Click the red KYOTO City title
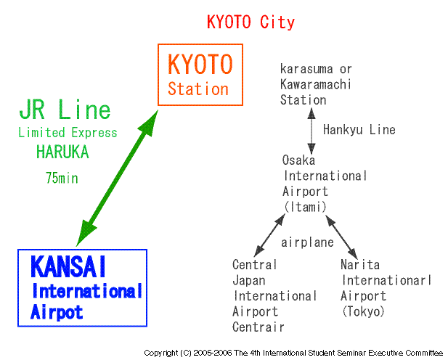251,22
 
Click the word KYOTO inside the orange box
200,65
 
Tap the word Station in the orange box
198,89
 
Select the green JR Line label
65,110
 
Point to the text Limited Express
68,133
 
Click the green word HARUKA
62,152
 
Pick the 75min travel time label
62,178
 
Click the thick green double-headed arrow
117,178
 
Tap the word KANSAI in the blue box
68,266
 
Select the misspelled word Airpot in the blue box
57,312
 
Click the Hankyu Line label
359,130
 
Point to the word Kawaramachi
315,84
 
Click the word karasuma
306,69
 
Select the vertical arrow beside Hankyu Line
311,131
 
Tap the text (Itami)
306,207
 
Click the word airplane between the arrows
307,242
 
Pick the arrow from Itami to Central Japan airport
269,235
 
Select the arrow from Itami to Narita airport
342,237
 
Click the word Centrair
258,327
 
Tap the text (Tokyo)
363,311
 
